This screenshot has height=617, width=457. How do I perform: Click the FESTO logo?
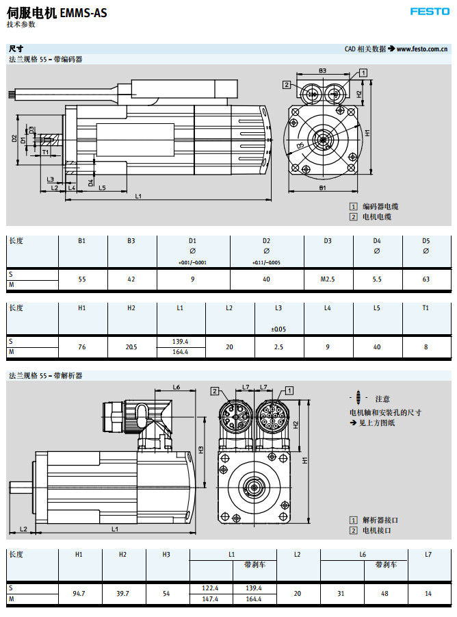[x=430, y=12]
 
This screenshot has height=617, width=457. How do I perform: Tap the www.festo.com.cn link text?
[x=422, y=49]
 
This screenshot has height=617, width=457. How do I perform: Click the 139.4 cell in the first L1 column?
[x=181, y=341]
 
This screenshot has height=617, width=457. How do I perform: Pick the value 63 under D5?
[x=426, y=279]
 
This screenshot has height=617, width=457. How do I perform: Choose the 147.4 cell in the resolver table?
[x=211, y=599]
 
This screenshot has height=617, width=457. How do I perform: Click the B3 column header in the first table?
[x=131, y=241]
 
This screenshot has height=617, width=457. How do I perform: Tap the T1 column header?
[x=426, y=308]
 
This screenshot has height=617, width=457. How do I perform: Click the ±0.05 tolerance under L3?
[x=278, y=329]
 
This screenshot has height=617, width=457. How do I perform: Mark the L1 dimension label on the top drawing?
[x=138, y=197]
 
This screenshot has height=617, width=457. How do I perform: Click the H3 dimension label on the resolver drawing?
[x=200, y=450]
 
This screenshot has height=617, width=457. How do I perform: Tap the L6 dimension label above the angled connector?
[x=176, y=388]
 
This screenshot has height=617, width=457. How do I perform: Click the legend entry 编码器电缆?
[x=380, y=206]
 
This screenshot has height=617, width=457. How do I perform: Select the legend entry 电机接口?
[x=380, y=530]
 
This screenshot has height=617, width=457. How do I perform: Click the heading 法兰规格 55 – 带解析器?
[x=46, y=376]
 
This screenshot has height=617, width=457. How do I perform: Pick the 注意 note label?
[x=382, y=399]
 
